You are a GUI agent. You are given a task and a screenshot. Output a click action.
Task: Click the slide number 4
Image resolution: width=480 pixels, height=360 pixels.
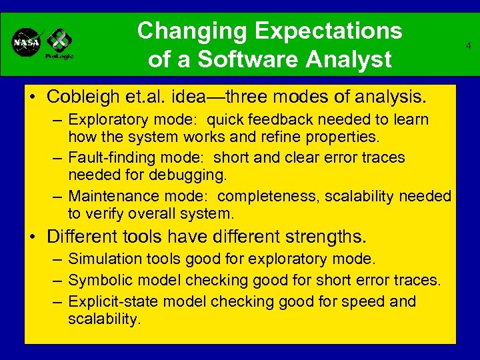[x=469, y=46]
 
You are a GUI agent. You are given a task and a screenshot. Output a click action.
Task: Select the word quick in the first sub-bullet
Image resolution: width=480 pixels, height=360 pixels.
[x=228, y=120]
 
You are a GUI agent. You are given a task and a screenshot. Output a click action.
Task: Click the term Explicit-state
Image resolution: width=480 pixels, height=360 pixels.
[x=114, y=301]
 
